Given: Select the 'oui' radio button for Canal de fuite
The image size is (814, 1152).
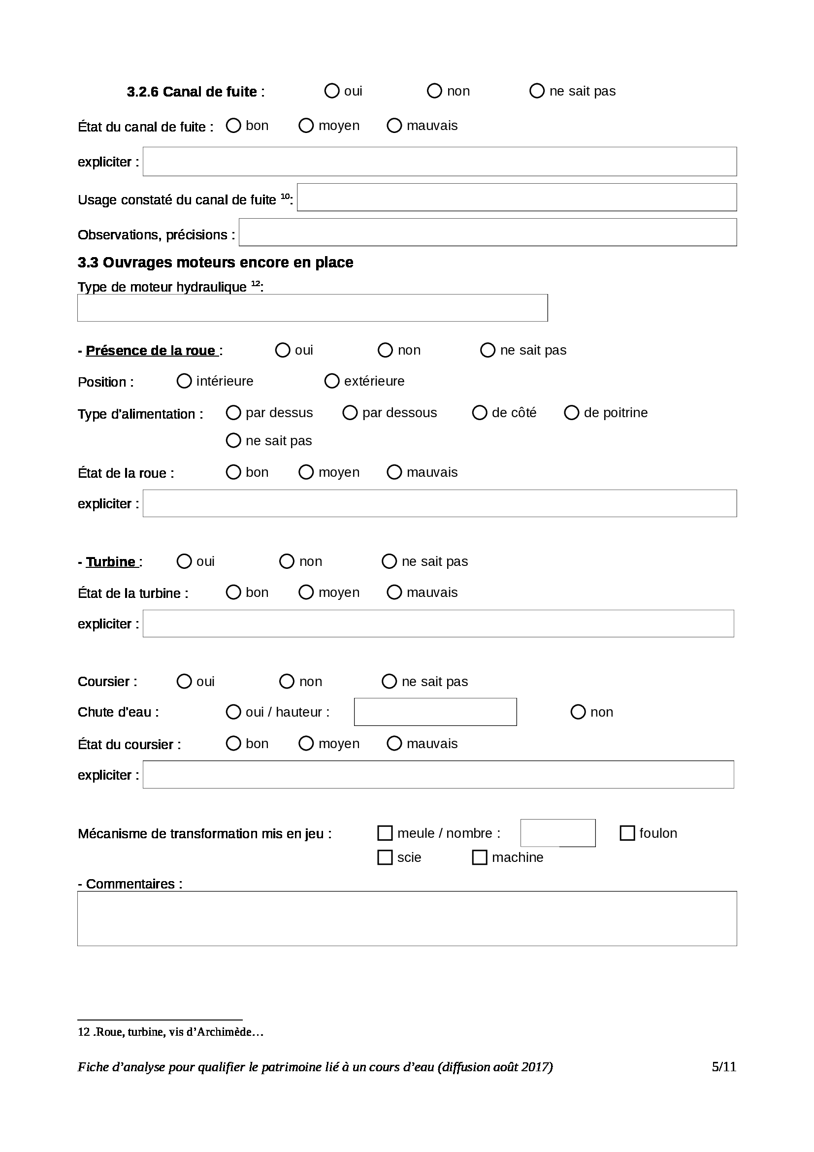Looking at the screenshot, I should (x=331, y=91).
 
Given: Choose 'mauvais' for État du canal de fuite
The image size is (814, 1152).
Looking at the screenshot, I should (x=394, y=126).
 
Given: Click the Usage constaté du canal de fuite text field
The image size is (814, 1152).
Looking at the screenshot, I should (x=517, y=197).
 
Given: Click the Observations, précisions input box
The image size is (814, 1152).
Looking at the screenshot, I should (x=488, y=232).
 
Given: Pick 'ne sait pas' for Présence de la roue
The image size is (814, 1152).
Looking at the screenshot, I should (x=488, y=350).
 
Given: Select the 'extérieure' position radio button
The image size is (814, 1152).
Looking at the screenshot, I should (x=331, y=381).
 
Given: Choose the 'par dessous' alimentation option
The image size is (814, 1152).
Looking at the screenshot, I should (x=350, y=413).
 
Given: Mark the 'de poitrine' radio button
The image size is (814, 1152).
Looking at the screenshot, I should (x=571, y=413).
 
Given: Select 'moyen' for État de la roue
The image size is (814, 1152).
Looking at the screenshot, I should (x=306, y=472).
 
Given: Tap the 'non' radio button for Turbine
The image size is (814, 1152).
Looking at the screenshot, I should (x=287, y=561).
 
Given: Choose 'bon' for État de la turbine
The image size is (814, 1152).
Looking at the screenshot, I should (x=233, y=592).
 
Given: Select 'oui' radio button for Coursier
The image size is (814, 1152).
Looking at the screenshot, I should (x=184, y=681).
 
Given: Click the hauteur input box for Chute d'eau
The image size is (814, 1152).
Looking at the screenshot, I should (x=435, y=712).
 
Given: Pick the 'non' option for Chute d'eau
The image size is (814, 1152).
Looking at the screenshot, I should (x=578, y=712).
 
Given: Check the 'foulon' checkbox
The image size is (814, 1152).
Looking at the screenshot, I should (x=627, y=833).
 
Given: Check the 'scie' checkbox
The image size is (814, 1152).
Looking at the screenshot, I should (x=385, y=857).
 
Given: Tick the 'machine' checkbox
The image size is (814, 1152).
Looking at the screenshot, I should (x=480, y=857).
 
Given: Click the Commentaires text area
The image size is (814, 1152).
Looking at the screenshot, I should (x=407, y=919).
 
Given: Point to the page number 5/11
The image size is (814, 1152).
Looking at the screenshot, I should (x=724, y=1067).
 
